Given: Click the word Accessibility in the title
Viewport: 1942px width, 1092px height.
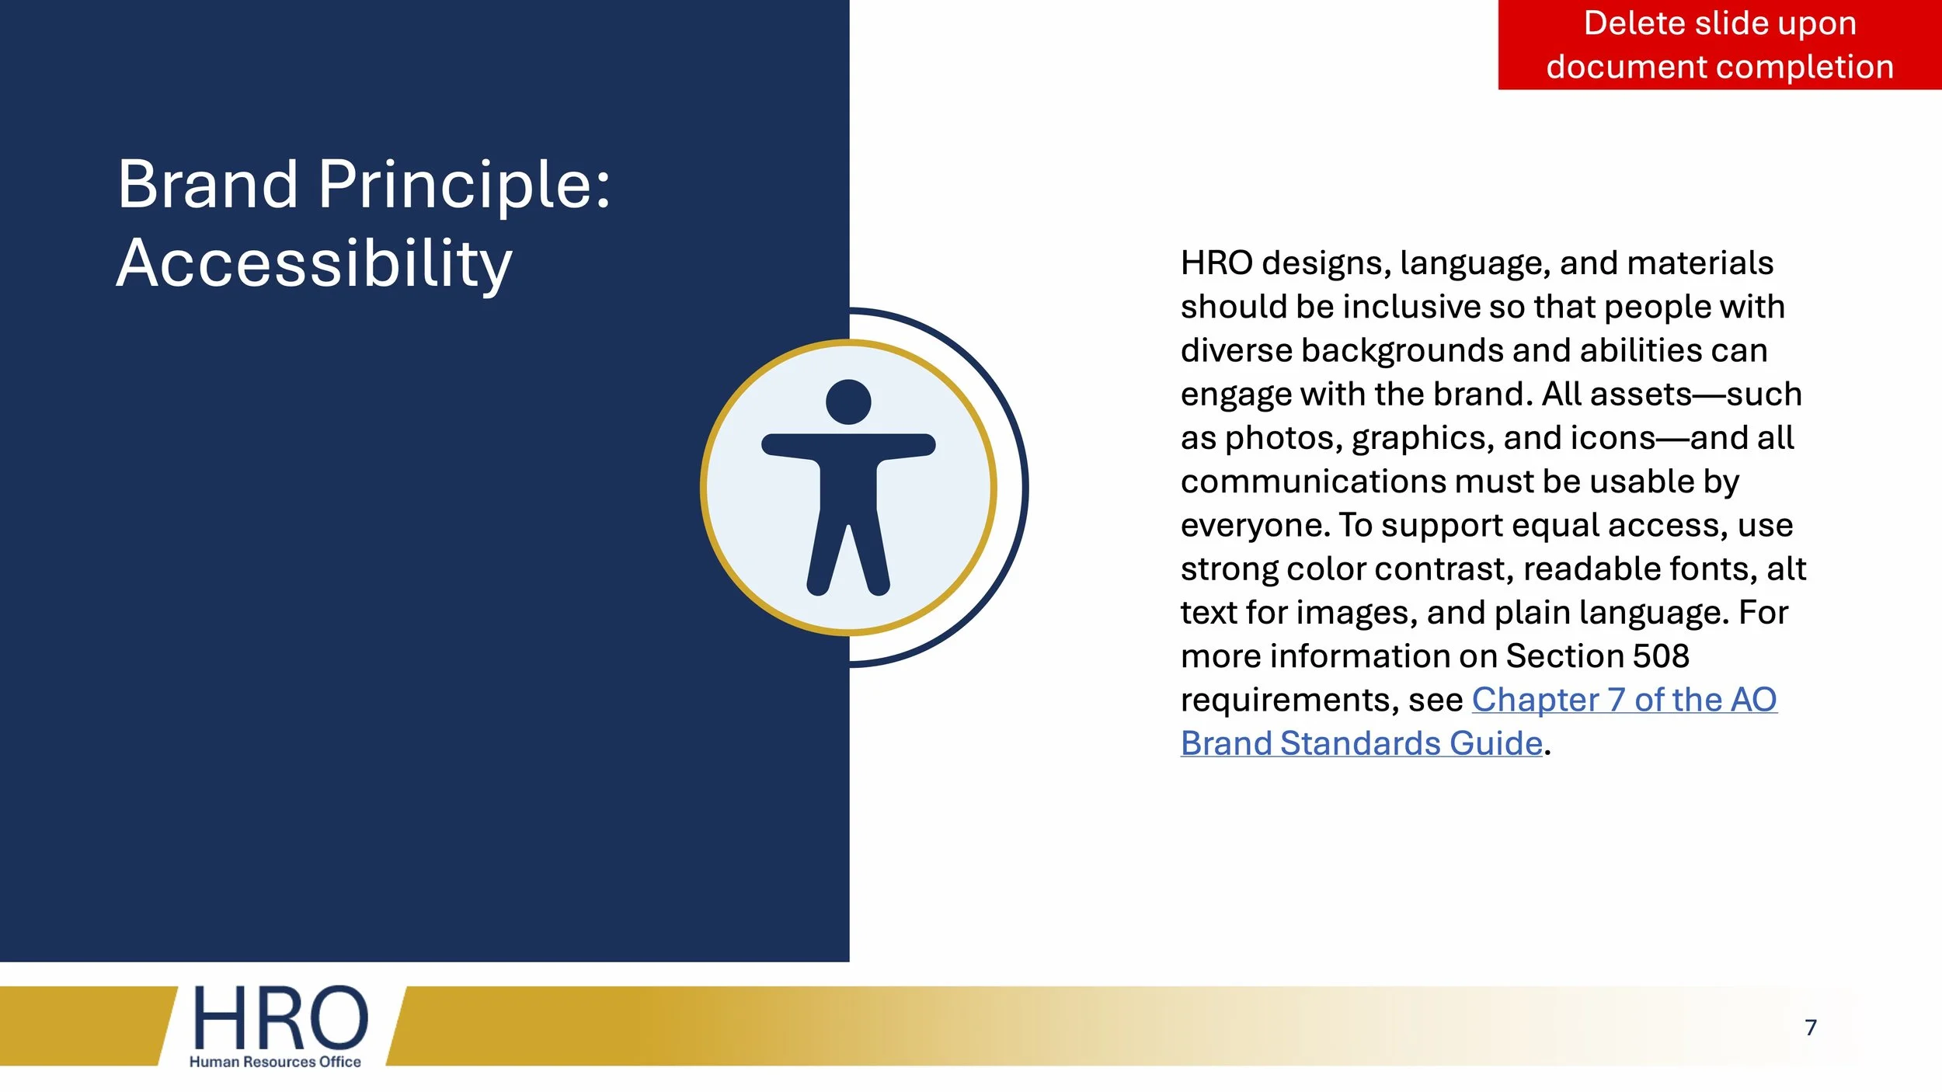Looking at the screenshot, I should coord(314,264).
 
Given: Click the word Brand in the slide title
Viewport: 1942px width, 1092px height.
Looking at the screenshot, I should coord(207,185).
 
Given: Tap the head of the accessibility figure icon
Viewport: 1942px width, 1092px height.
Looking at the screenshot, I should coord(848,402).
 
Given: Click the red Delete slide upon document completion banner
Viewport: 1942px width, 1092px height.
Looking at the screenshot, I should coord(1719,45).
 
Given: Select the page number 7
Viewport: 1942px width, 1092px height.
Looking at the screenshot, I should coord(1810,1028).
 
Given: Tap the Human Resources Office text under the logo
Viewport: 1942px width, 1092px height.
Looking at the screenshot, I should coord(275,1062).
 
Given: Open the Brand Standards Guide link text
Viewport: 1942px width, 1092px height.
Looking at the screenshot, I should coord(1361,743).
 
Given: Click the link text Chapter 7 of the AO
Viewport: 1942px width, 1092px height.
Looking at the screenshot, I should coord(1624,700).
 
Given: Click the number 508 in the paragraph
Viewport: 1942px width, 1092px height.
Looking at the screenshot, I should coord(1661,656).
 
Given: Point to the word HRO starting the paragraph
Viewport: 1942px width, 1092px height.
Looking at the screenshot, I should coord(1216,263).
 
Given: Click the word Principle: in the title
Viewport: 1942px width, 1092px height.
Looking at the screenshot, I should coord(465,185).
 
